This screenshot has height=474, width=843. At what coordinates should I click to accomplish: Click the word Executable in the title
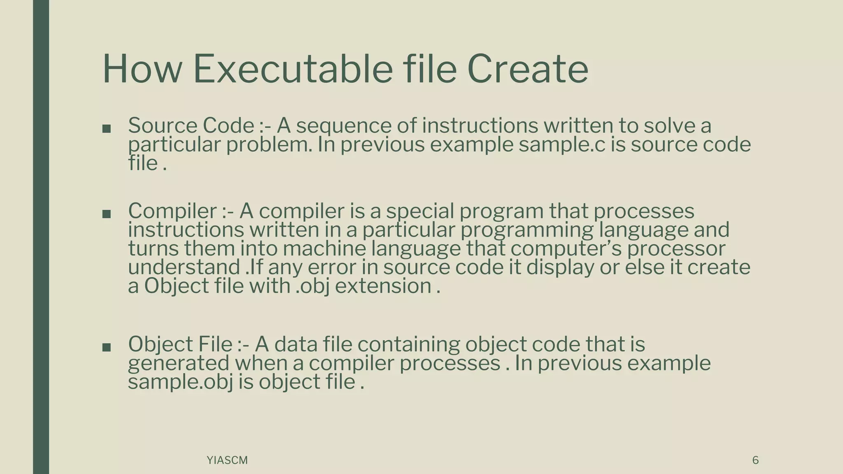point(293,69)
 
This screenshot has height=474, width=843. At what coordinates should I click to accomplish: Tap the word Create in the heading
point(527,69)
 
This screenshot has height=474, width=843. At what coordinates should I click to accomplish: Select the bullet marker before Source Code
point(106,129)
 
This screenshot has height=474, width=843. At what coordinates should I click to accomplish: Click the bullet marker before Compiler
point(106,214)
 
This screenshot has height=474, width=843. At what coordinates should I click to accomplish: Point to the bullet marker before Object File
point(106,347)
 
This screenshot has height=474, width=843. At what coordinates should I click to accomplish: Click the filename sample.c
point(562,144)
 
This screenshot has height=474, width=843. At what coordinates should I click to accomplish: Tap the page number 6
point(755,460)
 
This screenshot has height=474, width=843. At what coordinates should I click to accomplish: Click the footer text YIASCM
point(227,460)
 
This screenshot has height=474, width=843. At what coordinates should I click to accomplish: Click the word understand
point(184,267)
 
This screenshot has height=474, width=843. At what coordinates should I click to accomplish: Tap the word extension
point(383,286)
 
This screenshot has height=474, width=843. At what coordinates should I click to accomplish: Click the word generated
point(179,363)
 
